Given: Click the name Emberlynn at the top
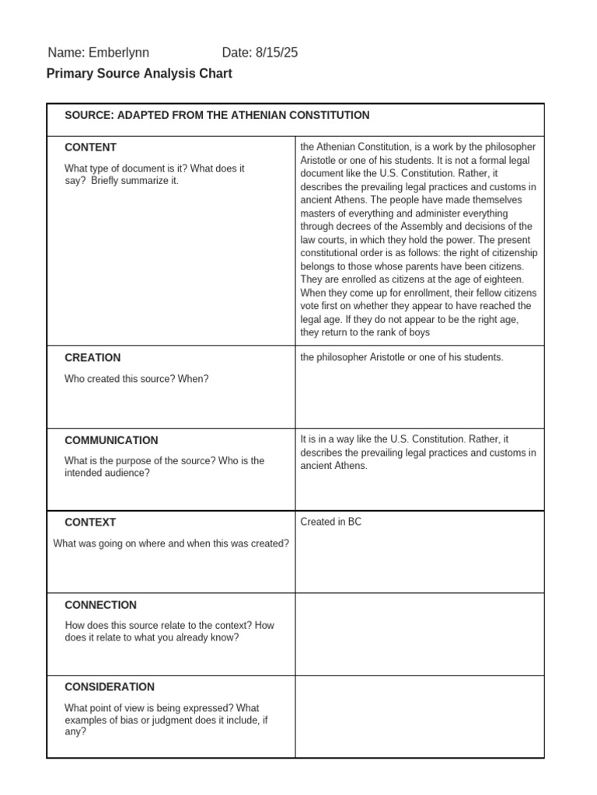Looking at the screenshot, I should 118,53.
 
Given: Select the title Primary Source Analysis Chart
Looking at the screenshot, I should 139,74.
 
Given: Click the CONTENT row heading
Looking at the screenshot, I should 90,147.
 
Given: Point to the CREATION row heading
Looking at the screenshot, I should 93,358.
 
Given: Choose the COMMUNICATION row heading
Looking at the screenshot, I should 111,440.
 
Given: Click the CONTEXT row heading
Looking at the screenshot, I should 90,522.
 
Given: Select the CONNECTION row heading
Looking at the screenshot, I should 100,605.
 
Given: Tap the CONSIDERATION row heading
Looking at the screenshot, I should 110,687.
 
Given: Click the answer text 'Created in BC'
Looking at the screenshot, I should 331,522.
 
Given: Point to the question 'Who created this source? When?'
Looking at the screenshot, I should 137,378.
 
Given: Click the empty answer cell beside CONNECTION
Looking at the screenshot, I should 419,634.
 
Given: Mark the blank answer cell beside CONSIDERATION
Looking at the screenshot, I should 419,716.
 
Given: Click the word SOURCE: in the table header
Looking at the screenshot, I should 89,115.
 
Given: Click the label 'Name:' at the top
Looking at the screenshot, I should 65,53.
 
